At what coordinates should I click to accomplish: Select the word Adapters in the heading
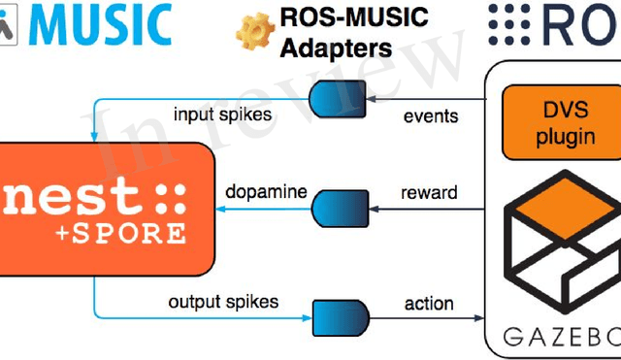[x=331, y=48]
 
